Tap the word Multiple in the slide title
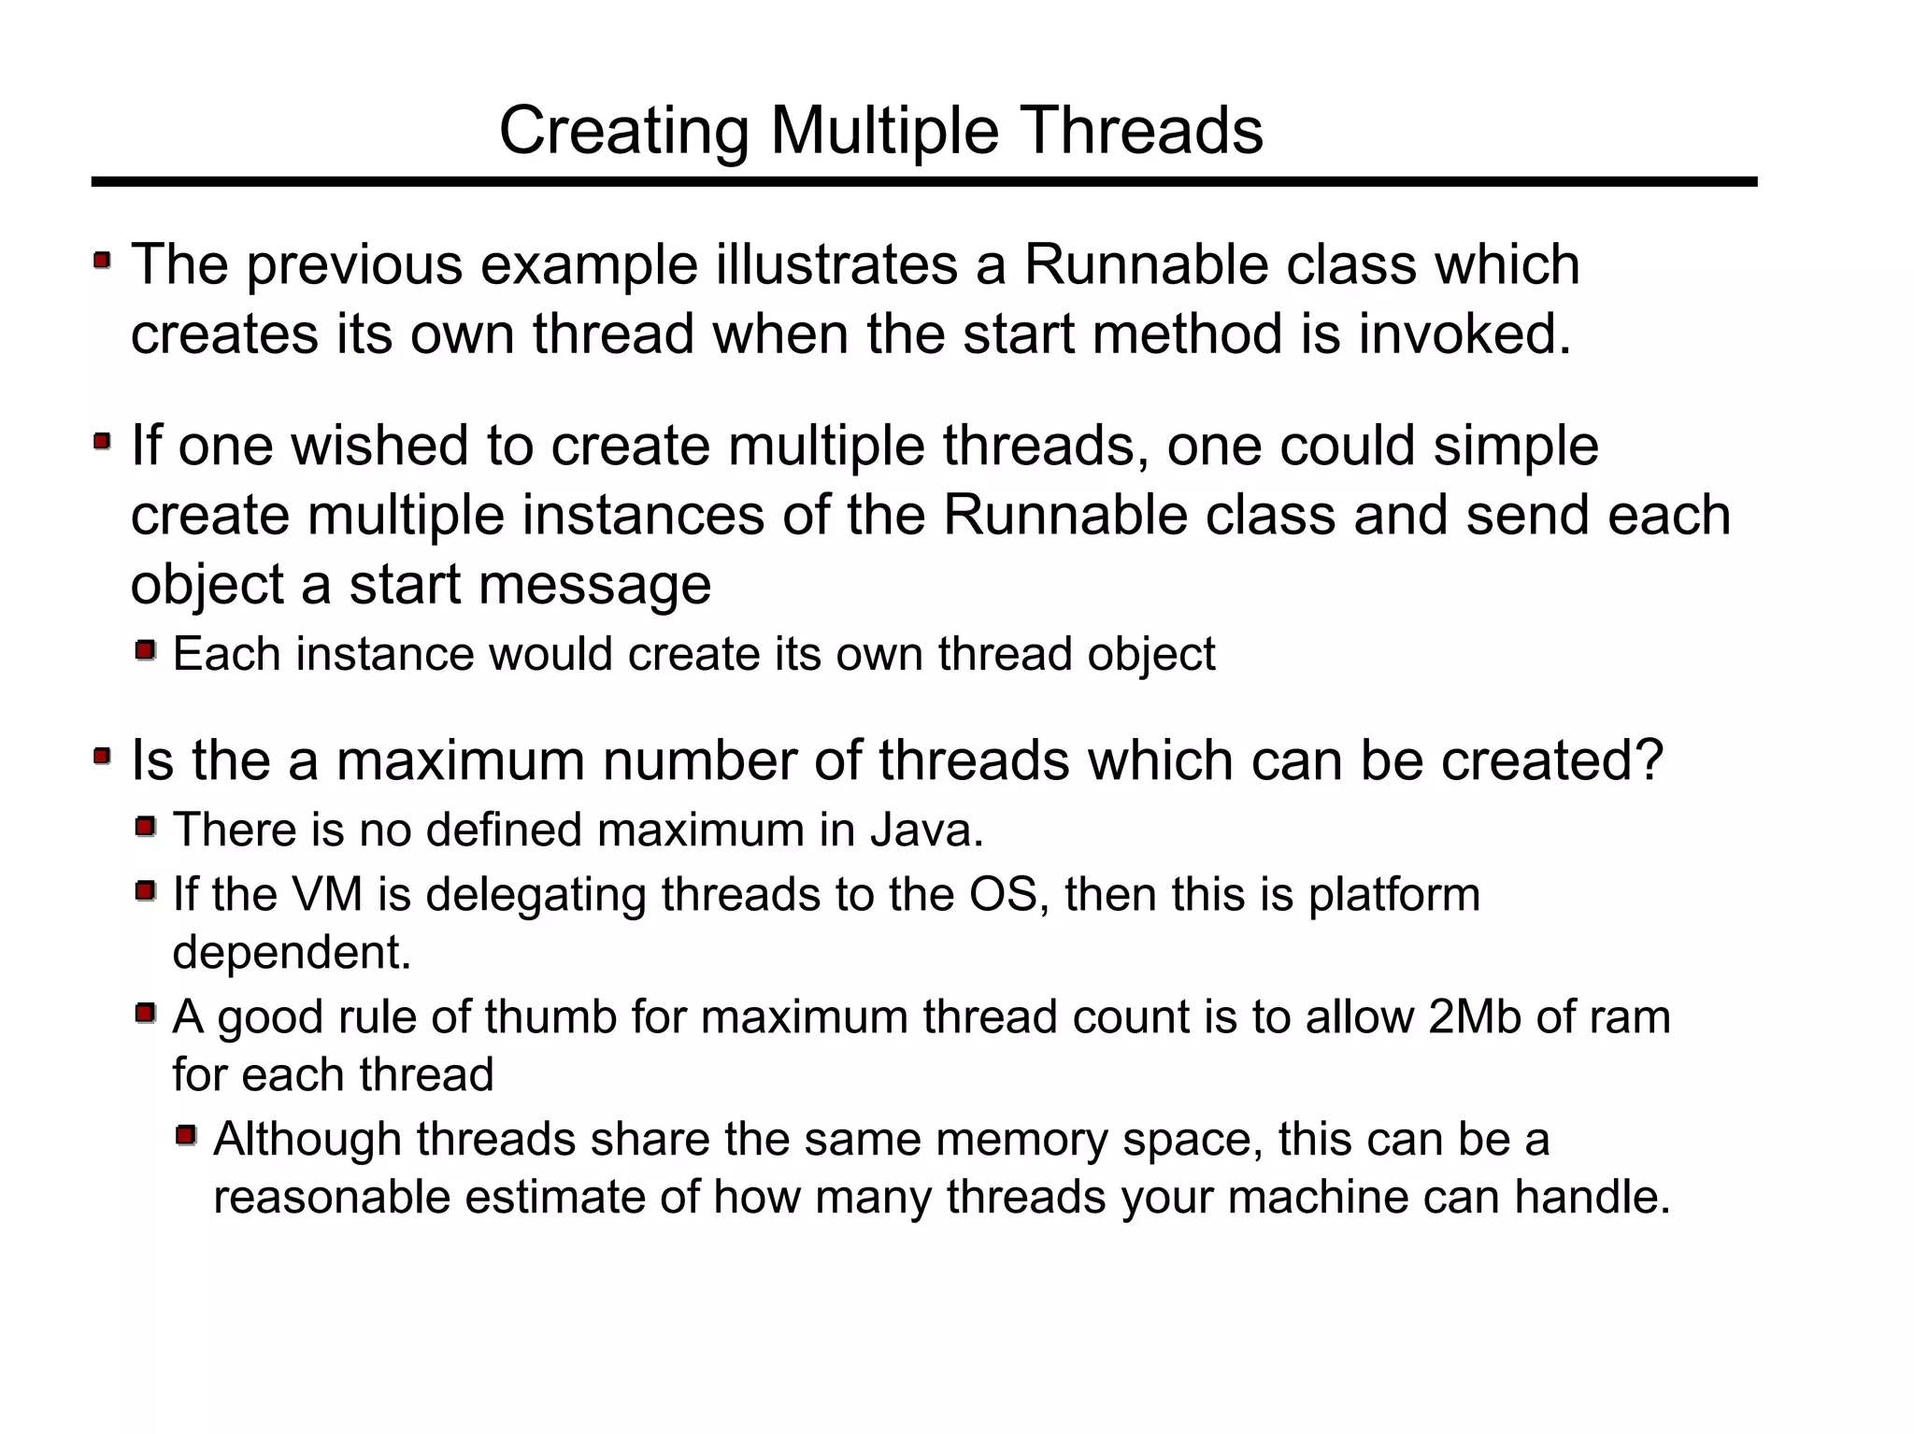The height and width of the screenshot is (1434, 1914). (884, 130)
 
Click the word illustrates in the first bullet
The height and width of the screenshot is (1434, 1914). (836, 264)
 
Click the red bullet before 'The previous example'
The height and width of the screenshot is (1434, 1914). (102, 260)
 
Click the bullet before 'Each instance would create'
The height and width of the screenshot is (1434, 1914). (145, 650)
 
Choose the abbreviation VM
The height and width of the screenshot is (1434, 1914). (327, 894)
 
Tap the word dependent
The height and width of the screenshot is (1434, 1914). (292, 952)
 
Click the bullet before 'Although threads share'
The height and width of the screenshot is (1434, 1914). (186, 1136)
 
